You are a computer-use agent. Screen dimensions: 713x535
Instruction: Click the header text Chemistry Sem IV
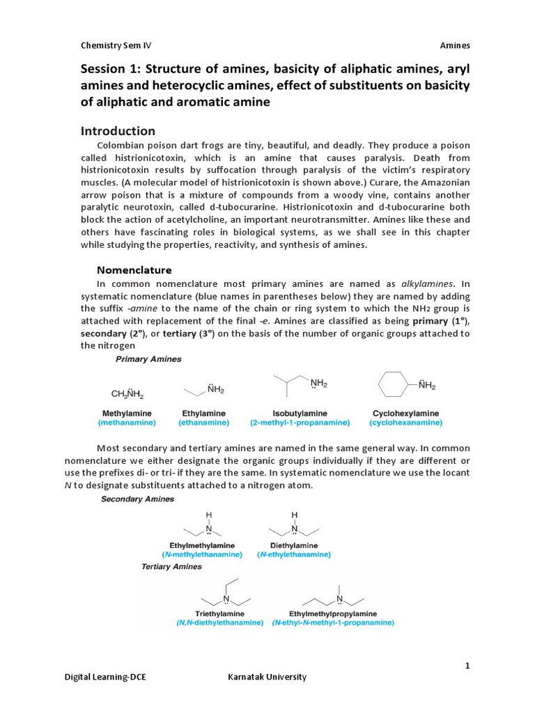(116, 46)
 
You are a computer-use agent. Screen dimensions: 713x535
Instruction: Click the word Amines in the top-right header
(455, 46)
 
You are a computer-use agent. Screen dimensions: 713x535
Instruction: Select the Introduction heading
(118, 131)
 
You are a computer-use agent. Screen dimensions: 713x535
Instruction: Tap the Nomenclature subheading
(133, 269)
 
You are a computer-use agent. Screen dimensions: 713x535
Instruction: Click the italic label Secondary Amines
(138, 499)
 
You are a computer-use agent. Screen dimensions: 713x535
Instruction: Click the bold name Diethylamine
(293, 545)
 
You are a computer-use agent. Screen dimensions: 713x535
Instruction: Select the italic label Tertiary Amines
(171, 566)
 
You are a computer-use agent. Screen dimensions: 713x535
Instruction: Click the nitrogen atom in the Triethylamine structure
(226, 599)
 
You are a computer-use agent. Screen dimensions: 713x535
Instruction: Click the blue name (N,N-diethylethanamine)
(220, 623)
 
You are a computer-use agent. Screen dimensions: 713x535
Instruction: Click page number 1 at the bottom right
(468, 666)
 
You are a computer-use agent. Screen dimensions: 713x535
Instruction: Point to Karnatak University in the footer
(267, 677)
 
